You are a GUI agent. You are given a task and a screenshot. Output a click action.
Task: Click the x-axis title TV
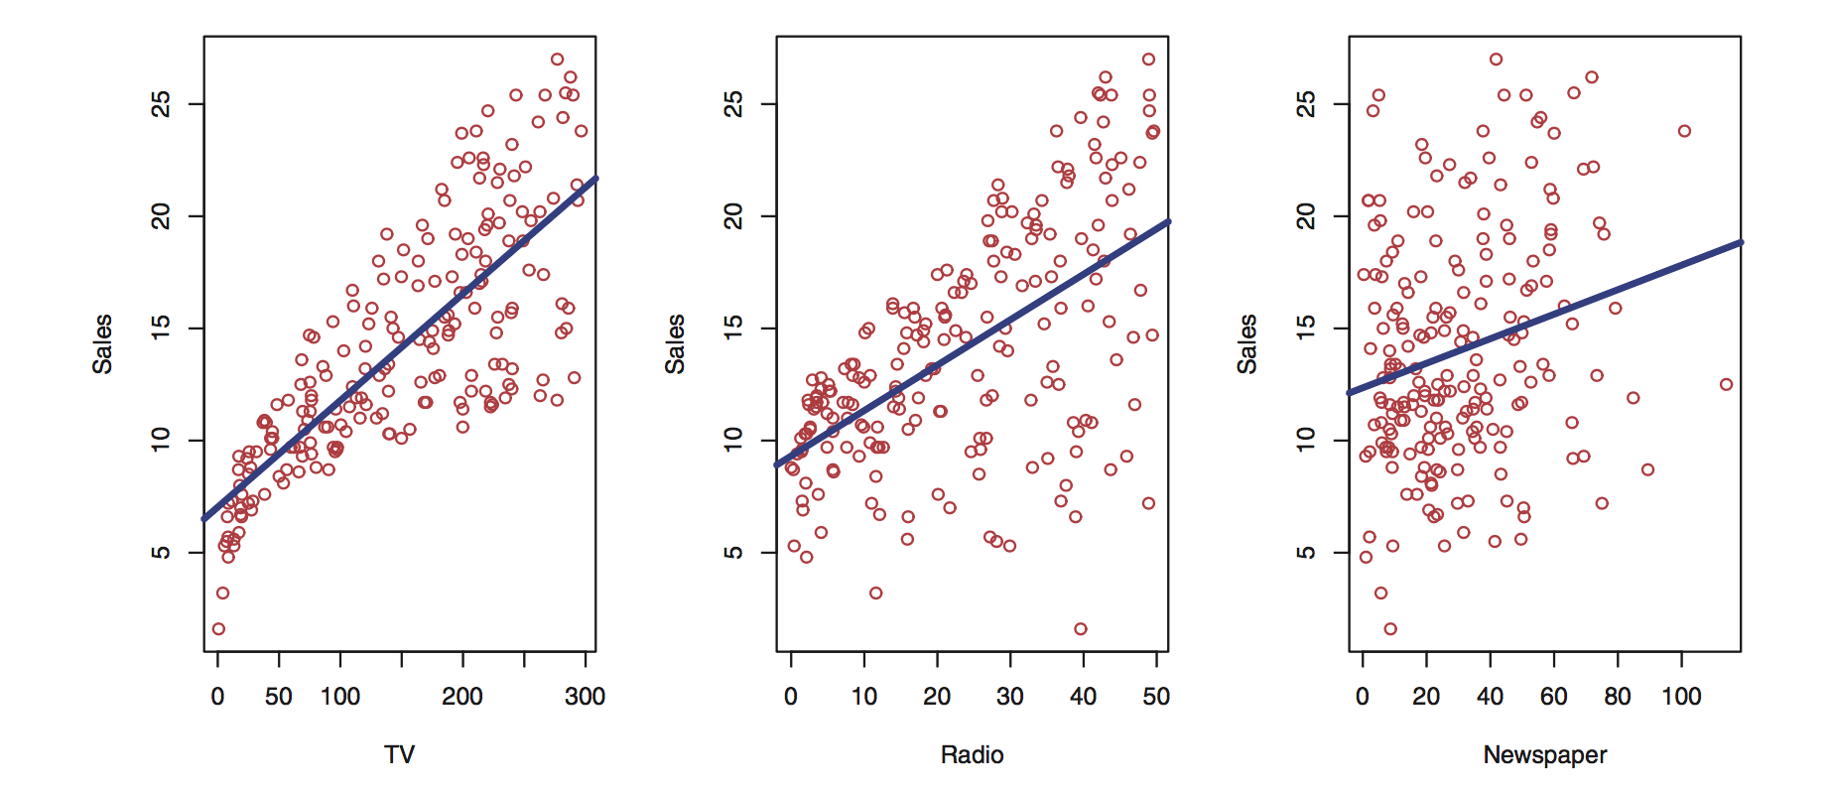coord(399,755)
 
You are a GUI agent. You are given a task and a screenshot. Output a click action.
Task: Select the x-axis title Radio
coord(972,755)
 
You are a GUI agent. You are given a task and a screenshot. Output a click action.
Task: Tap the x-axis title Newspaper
coord(1544,755)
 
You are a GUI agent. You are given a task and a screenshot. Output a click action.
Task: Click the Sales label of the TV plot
coord(102,343)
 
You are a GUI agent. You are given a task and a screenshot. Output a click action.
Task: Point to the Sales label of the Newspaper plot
coord(1246,343)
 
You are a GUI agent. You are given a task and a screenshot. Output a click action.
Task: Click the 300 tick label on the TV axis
coord(585,697)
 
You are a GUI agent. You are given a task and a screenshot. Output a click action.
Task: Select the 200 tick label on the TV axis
coord(462,697)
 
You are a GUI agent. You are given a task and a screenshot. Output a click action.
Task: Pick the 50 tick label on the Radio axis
coord(1156,697)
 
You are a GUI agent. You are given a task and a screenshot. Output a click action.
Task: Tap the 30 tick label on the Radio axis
coord(1010,697)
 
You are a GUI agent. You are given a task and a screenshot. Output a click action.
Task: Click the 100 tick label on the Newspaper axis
coord(1681,697)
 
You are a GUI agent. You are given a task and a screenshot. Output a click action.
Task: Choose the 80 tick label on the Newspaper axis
coord(1618,697)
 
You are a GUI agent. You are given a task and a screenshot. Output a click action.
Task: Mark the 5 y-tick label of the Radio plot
coord(733,552)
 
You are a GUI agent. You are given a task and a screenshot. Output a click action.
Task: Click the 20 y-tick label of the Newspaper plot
coord(1306,216)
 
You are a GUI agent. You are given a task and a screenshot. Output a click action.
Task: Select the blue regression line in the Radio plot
coord(973,342)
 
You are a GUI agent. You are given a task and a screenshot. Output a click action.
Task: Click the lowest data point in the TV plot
coord(218,628)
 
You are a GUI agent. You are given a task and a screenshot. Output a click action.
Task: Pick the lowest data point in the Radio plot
coord(1081,628)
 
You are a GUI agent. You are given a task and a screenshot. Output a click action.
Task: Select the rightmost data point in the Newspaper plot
coord(1727,384)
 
